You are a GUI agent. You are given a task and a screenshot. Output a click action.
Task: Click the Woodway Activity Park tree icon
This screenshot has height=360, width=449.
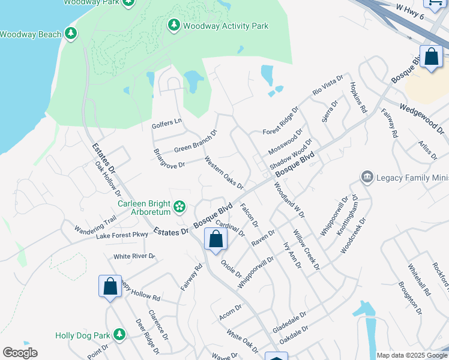pos(174,25)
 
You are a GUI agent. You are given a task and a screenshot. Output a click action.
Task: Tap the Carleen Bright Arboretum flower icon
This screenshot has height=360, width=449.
pos(179,207)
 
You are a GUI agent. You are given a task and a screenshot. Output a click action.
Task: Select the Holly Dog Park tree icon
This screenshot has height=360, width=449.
pos(119,334)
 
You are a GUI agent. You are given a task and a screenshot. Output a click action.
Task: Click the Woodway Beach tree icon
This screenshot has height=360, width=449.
pos(71,34)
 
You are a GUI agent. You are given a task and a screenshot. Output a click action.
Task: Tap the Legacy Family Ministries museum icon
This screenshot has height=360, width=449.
pos(367,177)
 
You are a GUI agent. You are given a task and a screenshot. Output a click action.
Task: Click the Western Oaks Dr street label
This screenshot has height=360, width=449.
pos(223,173)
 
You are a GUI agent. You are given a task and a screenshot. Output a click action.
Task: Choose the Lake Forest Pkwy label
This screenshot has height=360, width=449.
pos(122,235)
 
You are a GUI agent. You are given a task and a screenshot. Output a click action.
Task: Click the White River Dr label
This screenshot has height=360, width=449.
pos(134,256)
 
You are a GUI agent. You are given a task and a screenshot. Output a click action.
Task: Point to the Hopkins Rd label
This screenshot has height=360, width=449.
pos(358,98)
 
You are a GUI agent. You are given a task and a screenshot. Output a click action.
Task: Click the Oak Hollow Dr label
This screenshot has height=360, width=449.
pos(108,179)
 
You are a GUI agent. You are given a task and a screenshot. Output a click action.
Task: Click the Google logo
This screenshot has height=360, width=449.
pos(20,353)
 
